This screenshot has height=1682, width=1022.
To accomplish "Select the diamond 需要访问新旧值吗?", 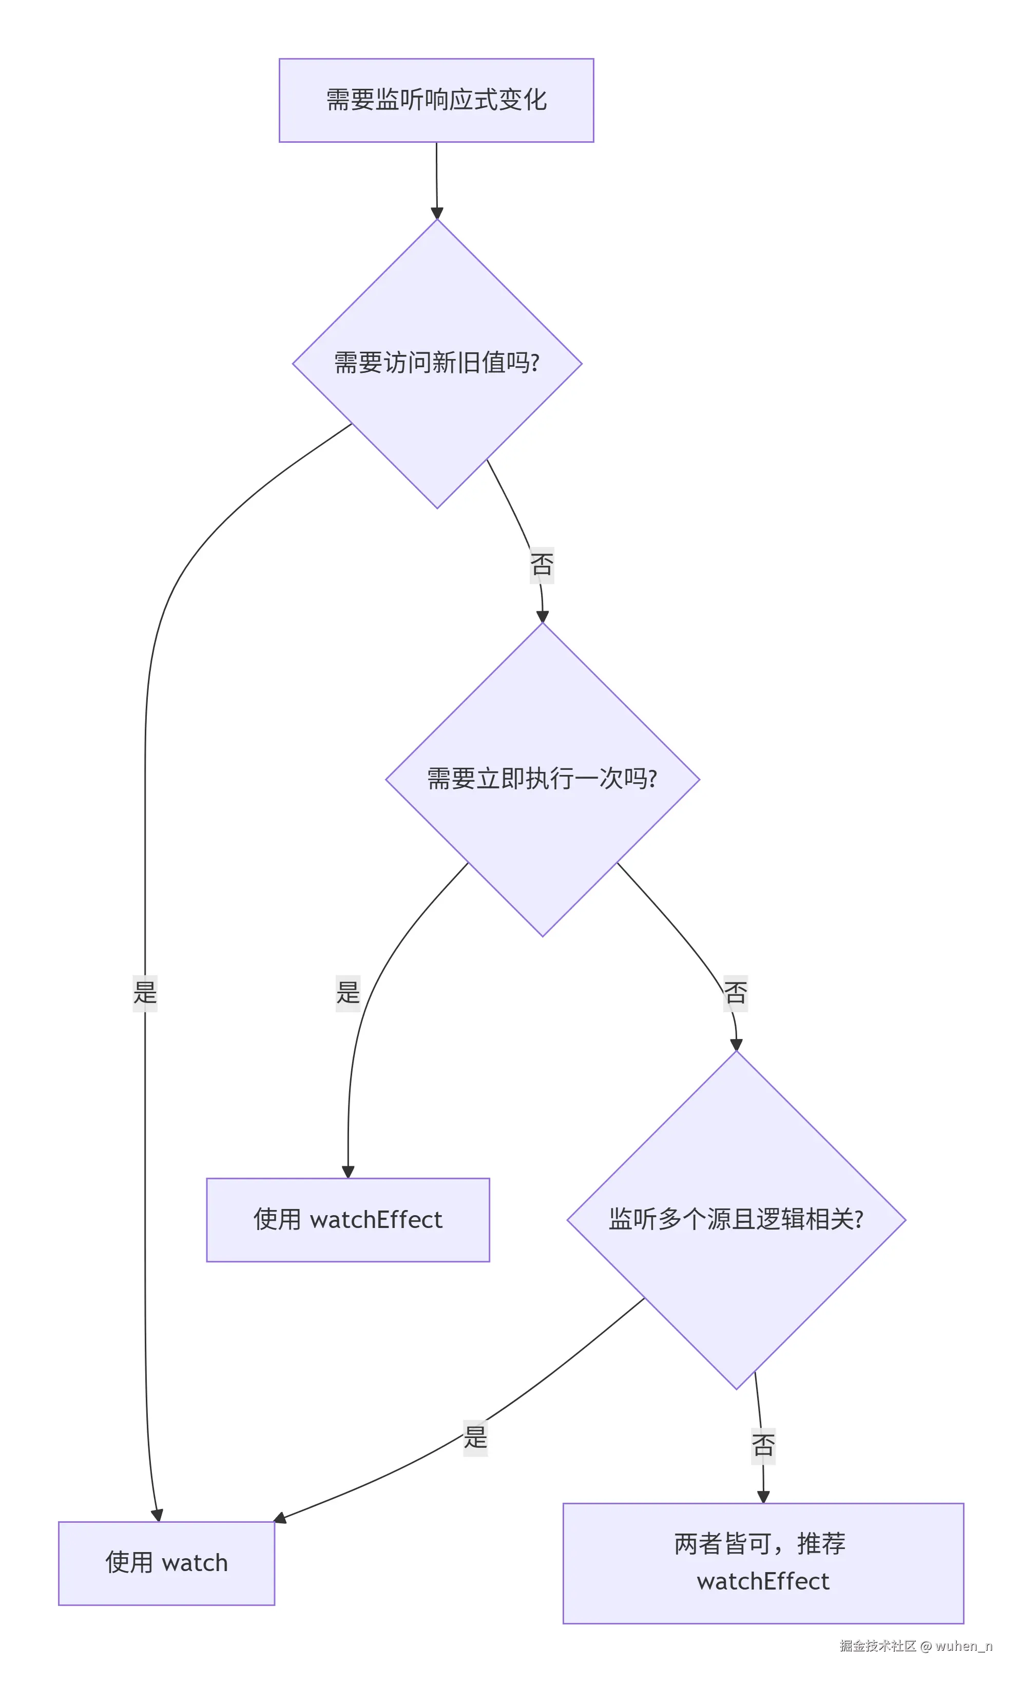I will click(437, 363).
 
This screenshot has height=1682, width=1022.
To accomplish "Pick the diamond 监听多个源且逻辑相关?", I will click(736, 1219).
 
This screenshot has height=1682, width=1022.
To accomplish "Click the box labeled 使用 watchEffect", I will click(348, 1219).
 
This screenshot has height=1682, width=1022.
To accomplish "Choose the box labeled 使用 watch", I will click(166, 1562).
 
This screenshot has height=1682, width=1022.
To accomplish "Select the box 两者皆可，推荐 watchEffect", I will click(762, 1562).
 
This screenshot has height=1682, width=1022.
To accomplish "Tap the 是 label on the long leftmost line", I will click(145, 993).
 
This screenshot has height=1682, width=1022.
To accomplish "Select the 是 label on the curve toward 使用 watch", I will click(475, 1438).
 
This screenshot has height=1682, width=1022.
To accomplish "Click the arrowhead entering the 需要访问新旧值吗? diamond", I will click(437, 213).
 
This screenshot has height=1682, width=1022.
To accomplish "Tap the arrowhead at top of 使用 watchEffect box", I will click(348, 1171).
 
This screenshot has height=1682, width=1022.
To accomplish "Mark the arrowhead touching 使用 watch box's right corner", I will click(280, 1518).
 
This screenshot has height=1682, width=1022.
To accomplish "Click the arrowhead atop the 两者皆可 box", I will click(763, 1496).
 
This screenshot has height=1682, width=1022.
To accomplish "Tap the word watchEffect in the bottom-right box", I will click(762, 1581).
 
